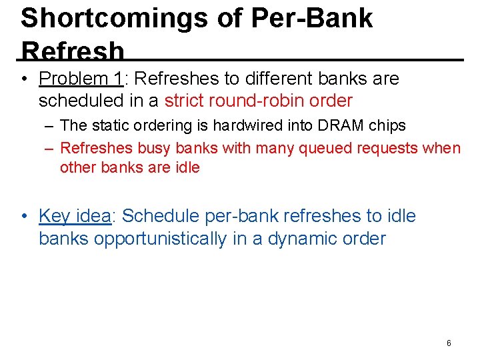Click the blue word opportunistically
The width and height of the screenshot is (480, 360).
[x=160, y=239]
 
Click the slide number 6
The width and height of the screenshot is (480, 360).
[x=449, y=343]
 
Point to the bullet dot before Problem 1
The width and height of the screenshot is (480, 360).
[x=24, y=79]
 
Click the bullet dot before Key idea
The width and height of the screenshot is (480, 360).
[x=24, y=217]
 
